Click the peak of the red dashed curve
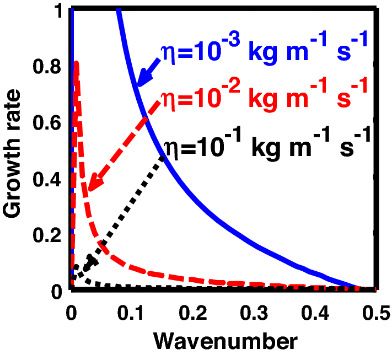[x=77, y=63]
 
